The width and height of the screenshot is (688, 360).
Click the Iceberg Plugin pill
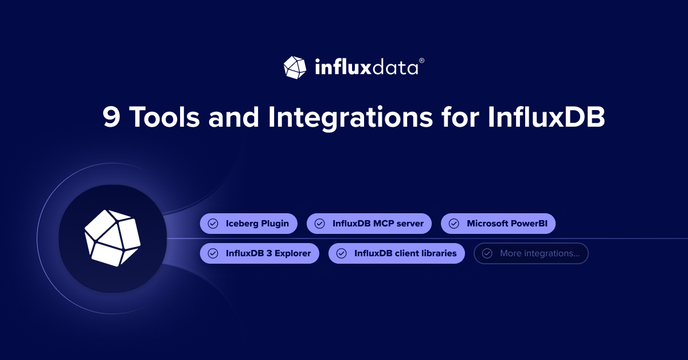click(248, 224)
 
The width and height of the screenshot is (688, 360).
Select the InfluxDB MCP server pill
click(369, 224)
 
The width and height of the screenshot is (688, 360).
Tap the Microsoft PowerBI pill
click(498, 224)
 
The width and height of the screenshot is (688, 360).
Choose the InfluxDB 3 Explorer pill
click(259, 253)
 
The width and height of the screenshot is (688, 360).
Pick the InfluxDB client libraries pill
click(396, 253)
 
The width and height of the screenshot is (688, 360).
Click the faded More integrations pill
click(531, 253)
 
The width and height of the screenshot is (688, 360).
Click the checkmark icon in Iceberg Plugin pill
click(213, 224)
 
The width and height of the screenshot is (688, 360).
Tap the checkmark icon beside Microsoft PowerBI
click(454, 224)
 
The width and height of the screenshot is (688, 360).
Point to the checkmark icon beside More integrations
click(487, 253)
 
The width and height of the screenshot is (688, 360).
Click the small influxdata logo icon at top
click(295, 67)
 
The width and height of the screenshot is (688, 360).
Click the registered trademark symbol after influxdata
click(422, 60)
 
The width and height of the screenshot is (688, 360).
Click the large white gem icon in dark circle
click(112, 238)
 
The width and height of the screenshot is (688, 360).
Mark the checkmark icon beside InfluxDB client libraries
click(341, 253)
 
